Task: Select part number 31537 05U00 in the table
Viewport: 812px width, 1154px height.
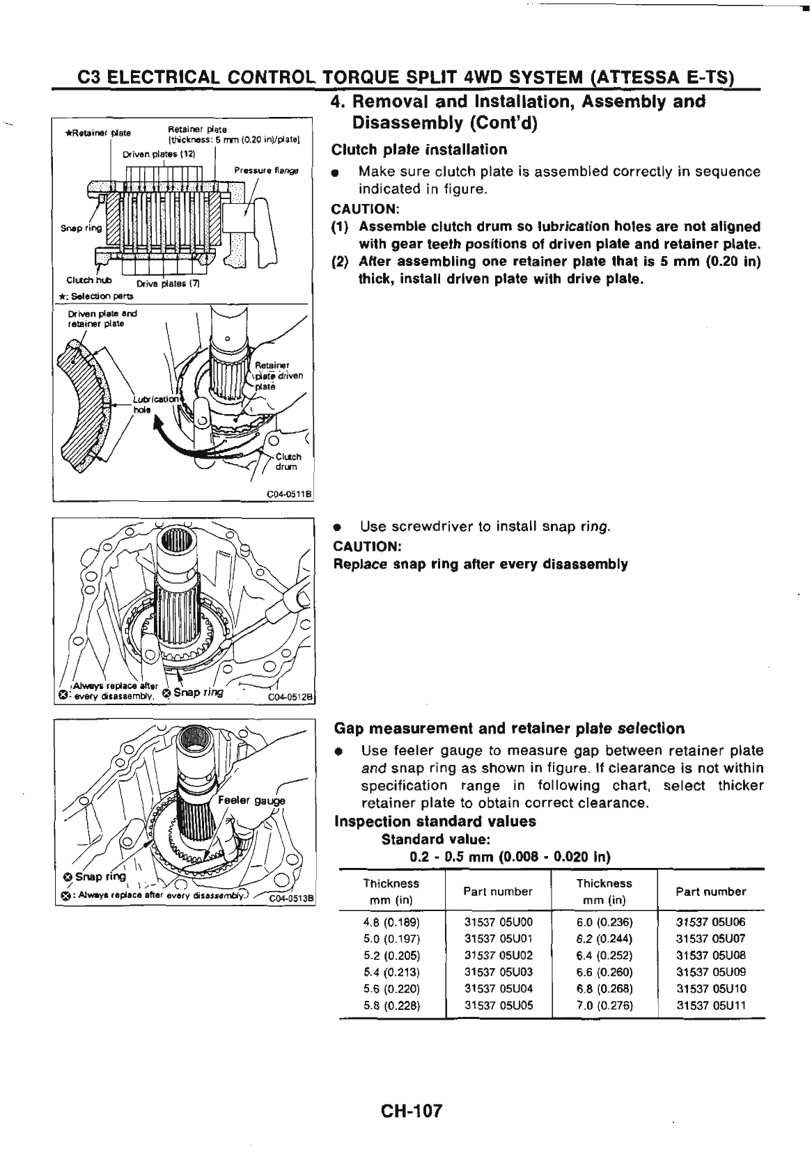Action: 498,922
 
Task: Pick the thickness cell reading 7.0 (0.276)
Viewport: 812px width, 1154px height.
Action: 603,1005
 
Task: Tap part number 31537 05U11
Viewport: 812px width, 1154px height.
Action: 710,1005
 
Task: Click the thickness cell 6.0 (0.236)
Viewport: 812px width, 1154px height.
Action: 603,922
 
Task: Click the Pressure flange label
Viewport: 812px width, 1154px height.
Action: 266,170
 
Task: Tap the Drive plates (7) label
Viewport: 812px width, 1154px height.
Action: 159,283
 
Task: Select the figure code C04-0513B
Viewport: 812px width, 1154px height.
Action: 292,898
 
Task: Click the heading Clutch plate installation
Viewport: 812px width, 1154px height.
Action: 419,150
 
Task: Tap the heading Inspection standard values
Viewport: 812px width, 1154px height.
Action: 435,821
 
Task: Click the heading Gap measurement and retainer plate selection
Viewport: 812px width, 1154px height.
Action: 509,729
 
